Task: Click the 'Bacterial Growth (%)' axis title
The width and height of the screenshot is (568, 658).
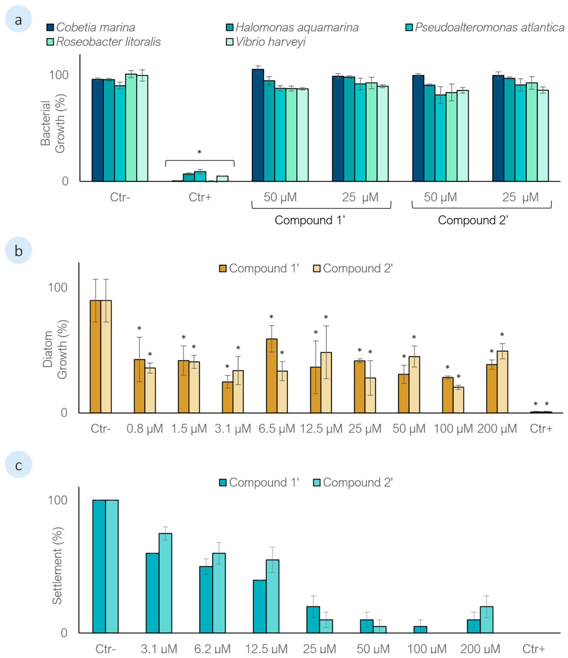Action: (52, 124)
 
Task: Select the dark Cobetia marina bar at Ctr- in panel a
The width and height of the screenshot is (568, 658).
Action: (97, 130)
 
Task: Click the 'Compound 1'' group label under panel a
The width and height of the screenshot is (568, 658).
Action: (310, 220)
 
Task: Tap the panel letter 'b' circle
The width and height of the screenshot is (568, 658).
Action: (19, 251)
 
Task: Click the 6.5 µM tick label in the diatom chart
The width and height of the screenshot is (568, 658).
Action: (277, 429)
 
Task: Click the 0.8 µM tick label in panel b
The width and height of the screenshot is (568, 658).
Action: (145, 429)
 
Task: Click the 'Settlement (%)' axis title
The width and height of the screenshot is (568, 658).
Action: (57, 565)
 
